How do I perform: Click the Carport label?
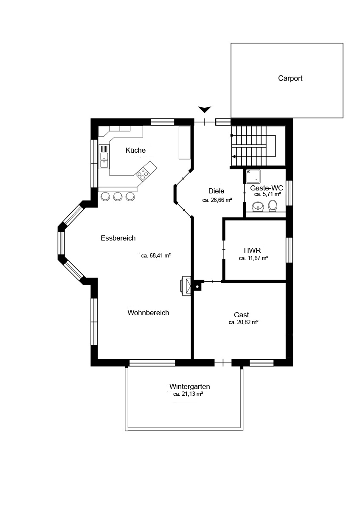[290, 78]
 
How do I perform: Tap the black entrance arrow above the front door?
[205, 109]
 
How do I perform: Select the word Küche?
[135, 150]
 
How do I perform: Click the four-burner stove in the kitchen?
[143, 174]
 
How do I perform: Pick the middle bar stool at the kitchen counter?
[118, 196]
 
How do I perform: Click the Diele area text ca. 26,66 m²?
[217, 200]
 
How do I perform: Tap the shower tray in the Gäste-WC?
[253, 176]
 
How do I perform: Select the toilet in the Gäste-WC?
[273, 206]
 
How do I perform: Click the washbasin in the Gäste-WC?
[259, 206]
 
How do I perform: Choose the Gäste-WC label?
[267, 188]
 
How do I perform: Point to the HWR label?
[252, 250]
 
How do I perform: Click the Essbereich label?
[118, 238]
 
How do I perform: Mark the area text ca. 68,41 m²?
[156, 256]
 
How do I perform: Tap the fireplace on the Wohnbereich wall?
[186, 286]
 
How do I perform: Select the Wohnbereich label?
[148, 313]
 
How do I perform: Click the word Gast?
[241, 315]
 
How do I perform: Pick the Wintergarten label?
[190, 386]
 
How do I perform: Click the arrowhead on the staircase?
[233, 157]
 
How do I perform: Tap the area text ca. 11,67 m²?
[253, 258]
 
